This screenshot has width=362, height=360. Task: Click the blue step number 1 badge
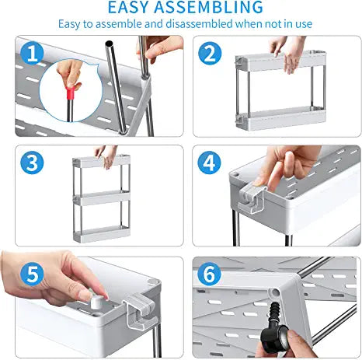pos(32,54)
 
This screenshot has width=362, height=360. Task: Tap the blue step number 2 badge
pos(210,54)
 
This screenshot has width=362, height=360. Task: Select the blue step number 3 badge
pos(32,163)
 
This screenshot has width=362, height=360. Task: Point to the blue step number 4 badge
pos(209,163)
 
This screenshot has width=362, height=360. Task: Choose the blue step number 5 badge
pos(32,274)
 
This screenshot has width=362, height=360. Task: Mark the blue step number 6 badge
pos(209,274)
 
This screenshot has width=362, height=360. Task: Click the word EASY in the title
pos(128,7)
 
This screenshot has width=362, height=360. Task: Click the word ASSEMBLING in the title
pos(209,7)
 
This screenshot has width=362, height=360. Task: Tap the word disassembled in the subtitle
pos(199,24)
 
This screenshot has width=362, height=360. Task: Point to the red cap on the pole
pos(71,93)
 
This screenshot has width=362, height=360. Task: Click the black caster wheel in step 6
pos(274,337)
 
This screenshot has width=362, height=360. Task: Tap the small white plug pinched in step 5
pos(96,302)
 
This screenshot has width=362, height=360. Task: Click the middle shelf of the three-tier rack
pos(102,198)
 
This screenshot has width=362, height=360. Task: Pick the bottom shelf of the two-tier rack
pos(280,118)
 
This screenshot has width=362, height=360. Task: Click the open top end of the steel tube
pos(109,44)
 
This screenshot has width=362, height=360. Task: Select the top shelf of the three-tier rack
pos(101,161)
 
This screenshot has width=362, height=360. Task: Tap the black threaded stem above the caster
pos(275,313)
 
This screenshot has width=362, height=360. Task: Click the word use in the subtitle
pos(304,24)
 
